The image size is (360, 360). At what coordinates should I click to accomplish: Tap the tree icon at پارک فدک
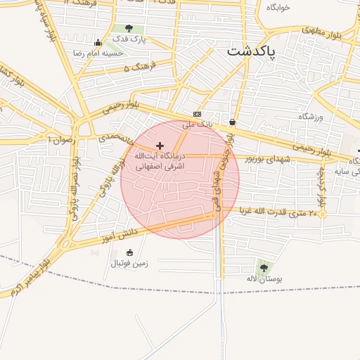point(129,29)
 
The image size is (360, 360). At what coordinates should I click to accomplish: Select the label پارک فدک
point(133,39)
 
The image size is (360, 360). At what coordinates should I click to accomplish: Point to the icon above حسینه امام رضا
point(98,43)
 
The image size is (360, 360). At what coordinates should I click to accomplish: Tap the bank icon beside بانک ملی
point(197,115)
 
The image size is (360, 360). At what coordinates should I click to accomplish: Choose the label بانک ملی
point(197,124)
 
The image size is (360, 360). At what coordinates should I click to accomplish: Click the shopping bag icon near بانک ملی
point(232,121)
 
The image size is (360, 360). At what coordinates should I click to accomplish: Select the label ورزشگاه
point(309,116)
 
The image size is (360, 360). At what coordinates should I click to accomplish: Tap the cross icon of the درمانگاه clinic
point(160,145)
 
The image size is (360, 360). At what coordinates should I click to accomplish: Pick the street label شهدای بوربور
point(267,159)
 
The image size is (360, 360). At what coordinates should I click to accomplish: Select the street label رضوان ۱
point(59,140)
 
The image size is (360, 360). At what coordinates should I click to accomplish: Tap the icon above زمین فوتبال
point(129,253)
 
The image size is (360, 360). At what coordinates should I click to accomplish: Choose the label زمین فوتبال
point(129,264)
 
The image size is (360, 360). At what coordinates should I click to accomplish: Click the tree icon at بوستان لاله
point(264,268)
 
